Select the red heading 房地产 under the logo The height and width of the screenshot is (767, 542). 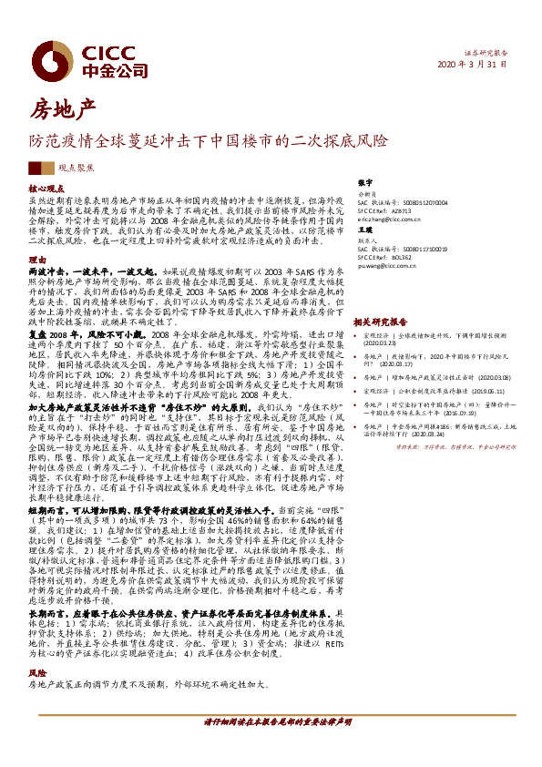62,110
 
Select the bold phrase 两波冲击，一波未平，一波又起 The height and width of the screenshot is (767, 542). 92,271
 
